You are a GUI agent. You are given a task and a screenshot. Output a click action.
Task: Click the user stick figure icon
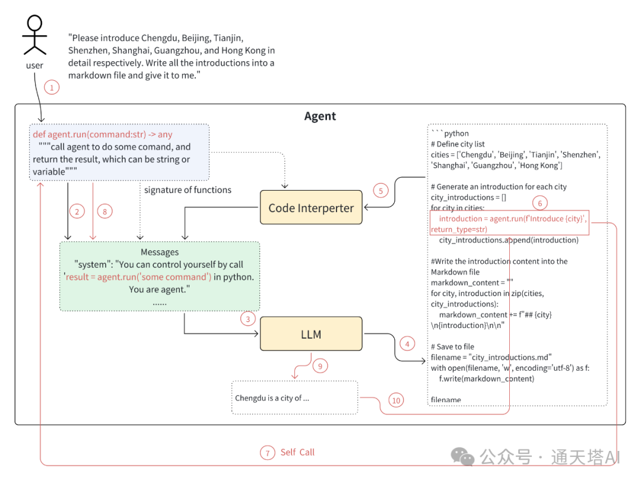pos(34,36)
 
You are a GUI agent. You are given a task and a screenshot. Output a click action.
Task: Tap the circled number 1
pos(52,88)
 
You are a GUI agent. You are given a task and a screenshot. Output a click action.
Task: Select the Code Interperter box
pos(311,207)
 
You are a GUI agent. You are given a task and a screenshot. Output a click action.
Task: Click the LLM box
pos(311,334)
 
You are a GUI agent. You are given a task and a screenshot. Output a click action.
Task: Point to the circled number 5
pos(380,191)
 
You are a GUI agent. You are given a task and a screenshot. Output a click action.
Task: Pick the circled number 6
pos(540,203)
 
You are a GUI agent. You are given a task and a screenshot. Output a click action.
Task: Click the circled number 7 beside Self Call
pos(267,453)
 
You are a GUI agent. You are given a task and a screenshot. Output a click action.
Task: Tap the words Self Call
pos(297,453)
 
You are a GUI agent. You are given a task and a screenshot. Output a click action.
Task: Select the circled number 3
pos(248,318)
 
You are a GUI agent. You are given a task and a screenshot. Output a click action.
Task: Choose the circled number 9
pos(319,366)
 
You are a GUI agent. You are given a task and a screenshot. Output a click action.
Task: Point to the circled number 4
pos(407,343)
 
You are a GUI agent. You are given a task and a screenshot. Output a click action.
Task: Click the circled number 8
pos(105,211)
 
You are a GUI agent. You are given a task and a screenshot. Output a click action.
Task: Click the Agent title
pos(320,116)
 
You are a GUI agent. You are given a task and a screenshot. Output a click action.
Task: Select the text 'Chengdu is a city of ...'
pos(272,398)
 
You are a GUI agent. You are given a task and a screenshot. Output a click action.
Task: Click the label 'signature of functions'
pos(188,190)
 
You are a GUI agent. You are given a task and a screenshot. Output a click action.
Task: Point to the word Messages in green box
pos(160,252)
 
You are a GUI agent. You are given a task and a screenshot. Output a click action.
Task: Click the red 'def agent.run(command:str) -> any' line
pos(103,135)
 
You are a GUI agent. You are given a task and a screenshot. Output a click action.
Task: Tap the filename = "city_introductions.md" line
pos(491,357)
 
